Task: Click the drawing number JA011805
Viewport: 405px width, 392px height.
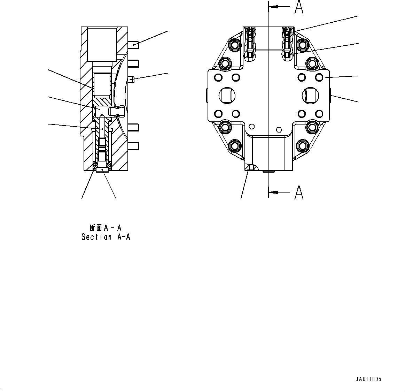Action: [x=368, y=379]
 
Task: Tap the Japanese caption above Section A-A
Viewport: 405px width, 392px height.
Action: [x=105, y=228]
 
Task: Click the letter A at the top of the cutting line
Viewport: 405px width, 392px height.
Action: [x=298, y=7]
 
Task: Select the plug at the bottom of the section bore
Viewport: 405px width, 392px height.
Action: [x=102, y=169]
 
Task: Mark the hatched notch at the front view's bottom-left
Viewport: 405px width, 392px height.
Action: [x=249, y=168]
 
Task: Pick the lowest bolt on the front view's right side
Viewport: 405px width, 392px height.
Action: [x=303, y=145]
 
